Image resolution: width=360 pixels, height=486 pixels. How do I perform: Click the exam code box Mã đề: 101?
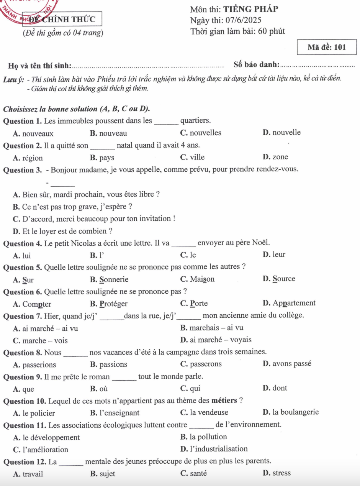coord(327,48)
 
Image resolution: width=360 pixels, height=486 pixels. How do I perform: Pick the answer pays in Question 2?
coord(106,158)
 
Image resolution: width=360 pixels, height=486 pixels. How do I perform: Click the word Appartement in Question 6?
coord(294,303)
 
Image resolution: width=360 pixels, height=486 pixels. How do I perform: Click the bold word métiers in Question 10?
coord(224,401)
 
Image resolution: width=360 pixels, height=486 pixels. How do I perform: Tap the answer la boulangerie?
coord(295,412)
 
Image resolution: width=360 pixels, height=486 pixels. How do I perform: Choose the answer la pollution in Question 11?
coord(208,437)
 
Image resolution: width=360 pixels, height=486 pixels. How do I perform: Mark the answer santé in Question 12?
coord(198,473)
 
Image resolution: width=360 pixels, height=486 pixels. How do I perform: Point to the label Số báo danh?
coord(256,66)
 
